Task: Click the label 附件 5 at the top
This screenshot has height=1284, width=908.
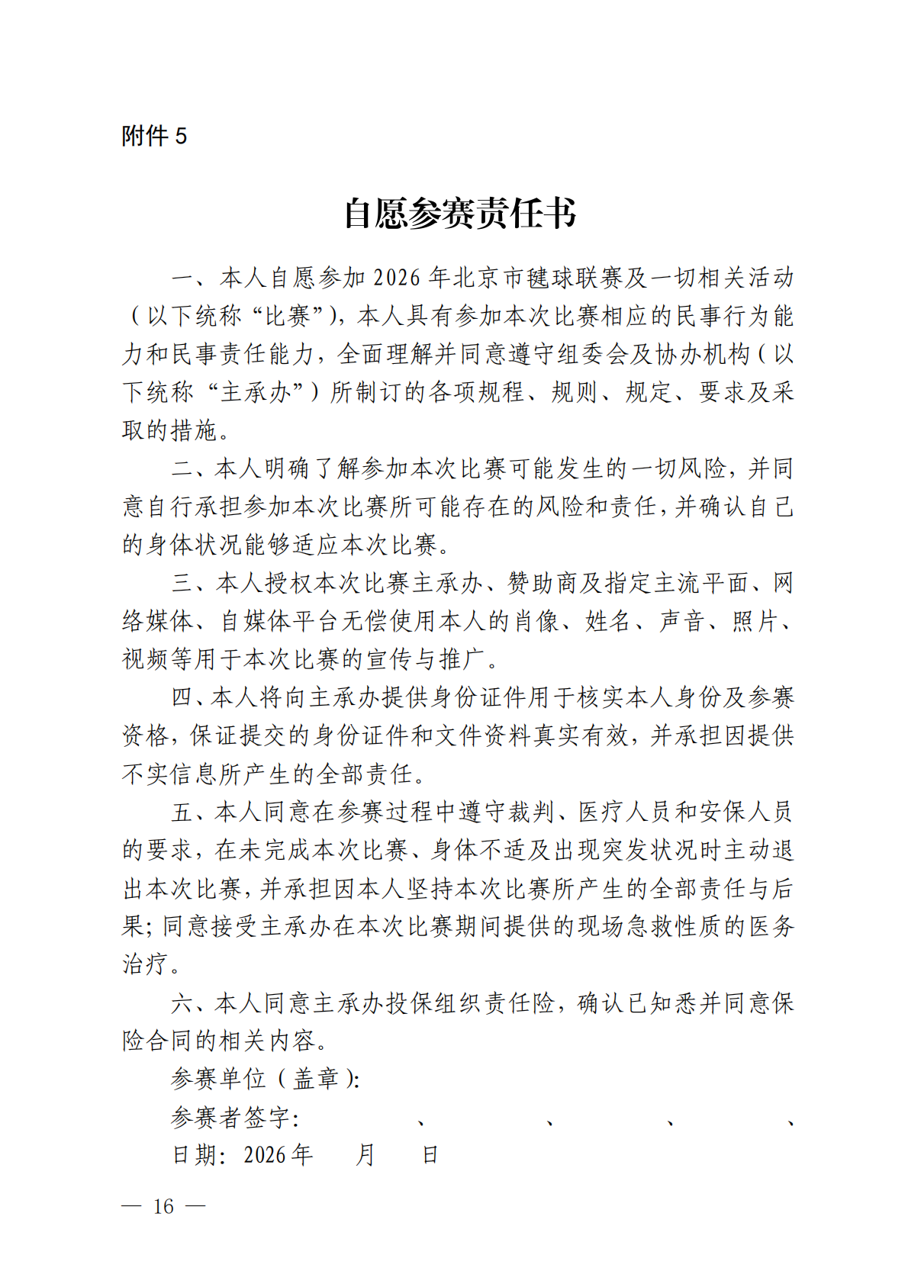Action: pyautogui.click(x=153, y=136)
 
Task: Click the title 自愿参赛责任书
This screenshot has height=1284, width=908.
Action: pyautogui.click(x=459, y=213)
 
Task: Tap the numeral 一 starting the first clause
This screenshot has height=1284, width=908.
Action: pyautogui.click(x=183, y=278)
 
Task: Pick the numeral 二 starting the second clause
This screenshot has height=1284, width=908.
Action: pyautogui.click(x=183, y=468)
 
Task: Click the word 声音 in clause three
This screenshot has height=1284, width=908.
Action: pyautogui.click(x=681, y=621)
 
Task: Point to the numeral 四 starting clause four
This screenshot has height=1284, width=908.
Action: pyautogui.click(x=182, y=697)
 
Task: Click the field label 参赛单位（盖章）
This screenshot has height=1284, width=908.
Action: pyautogui.click(x=264, y=1079)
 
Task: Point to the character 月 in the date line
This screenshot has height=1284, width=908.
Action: pyautogui.click(x=365, y=1155)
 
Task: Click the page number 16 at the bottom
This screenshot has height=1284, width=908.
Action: pyautogui.click(x=163, y=1206)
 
